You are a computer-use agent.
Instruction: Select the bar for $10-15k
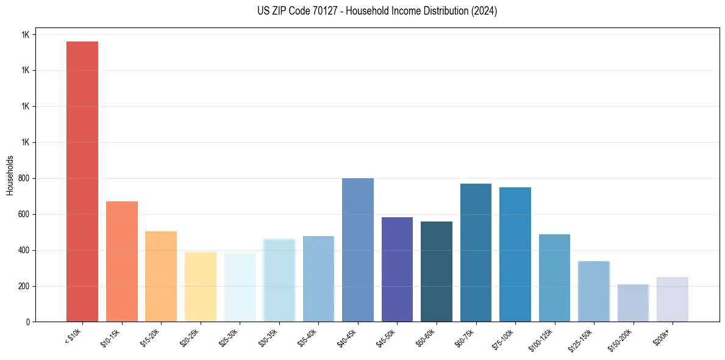click(x=121, y=262)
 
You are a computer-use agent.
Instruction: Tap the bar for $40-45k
click(x=357, y=250)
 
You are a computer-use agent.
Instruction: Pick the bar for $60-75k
click(x=476, y=253)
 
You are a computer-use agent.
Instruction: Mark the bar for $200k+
click(x=672, y=300)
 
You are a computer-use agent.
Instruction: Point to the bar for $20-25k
click(x=200, y=287)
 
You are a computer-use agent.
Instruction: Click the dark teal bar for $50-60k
click(x=437, y=272)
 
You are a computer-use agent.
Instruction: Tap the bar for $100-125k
click(x=554, y=278)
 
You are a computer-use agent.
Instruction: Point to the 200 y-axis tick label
click(x=24, y=286)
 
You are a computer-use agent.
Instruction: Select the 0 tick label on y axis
click(x=28, y=322)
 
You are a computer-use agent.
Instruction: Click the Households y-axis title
click(x=10, y=175)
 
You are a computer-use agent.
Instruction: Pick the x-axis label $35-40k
click(x=307, y=337)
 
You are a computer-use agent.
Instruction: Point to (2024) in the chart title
click(x=484, y=11)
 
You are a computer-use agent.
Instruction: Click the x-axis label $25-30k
click(x=229, y=337)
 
